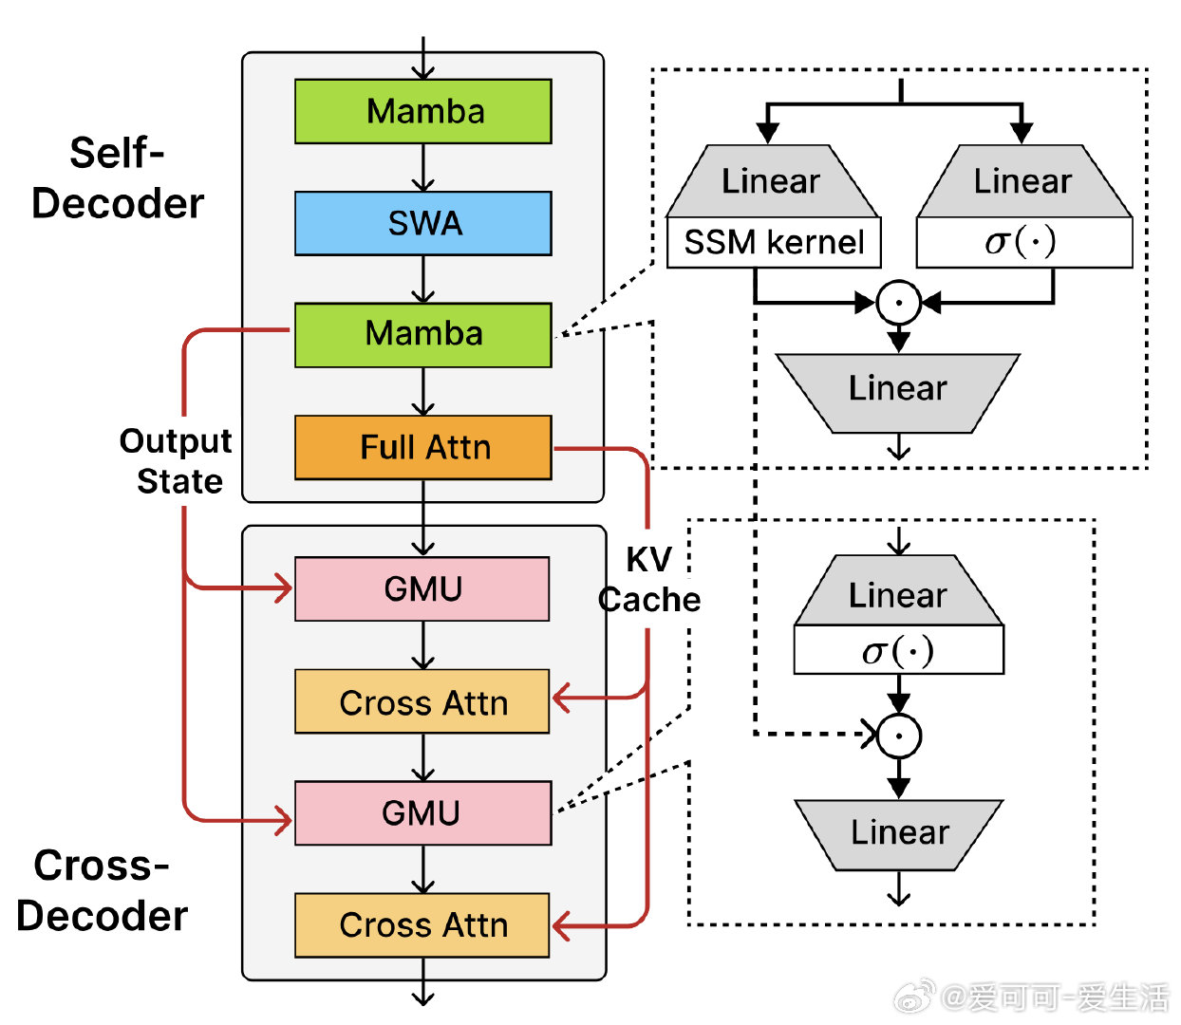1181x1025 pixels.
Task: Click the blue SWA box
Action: tap(422, 223)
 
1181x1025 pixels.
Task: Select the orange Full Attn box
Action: tap(422, 447)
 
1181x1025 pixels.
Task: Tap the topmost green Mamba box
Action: tap(422, 111)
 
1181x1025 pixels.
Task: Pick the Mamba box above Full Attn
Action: tap(422, 335)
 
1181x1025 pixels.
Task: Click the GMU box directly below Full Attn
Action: tap(422, 588)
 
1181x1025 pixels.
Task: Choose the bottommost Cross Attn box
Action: tap(422, 925)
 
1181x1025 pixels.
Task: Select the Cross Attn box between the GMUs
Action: tap(422, 700)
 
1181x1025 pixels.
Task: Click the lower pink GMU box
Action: tap(422, 812)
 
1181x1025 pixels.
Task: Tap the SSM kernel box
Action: tap(774, 242)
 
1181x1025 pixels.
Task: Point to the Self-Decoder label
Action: tap(117, 177)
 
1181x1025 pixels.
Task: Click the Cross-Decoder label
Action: tap(103, 890)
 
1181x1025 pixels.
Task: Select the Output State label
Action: tap(176, 460)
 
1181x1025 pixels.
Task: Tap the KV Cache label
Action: tap(649, 579)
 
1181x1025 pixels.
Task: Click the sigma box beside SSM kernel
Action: tap(1024, 242)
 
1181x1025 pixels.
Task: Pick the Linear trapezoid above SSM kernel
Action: tap(773, 181)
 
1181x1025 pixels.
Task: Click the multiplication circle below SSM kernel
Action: tap(898, 302)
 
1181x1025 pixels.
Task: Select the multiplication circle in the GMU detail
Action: tap(898, 736)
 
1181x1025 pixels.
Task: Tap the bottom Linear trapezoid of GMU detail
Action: tap(898, 834)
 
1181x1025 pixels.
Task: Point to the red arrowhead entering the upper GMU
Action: tap(284, 588)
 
